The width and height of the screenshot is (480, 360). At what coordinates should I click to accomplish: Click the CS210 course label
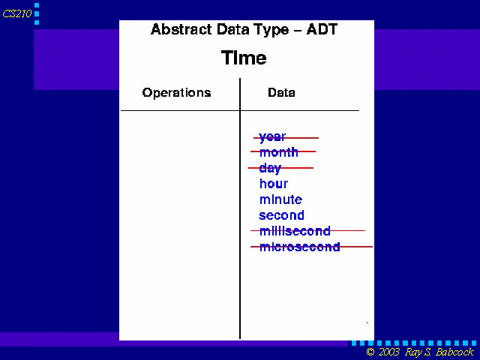[x=17, y=13]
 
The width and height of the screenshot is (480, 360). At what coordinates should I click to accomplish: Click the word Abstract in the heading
[x=181, y=29]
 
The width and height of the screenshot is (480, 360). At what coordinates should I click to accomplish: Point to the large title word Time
[x=244, y=58]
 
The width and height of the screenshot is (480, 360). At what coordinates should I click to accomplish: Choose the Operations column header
[x=177, y=93]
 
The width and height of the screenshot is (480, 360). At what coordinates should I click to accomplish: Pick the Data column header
[x=281, y=92]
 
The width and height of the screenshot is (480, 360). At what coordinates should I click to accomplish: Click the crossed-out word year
[x=272, y=137]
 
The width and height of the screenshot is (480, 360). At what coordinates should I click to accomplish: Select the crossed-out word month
[x=278, y=151]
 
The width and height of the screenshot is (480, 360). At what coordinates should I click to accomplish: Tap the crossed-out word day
[x=270, y=168]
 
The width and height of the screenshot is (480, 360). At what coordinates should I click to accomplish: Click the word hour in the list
[x=274, y=184]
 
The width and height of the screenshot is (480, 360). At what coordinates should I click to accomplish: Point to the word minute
[x=280, y=199]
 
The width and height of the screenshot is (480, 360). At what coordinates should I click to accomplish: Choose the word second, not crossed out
[x=282, y=215]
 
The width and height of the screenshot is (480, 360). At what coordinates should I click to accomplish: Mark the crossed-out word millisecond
[x=295, y=231]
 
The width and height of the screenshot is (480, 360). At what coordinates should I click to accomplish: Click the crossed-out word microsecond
[x=300, y=247]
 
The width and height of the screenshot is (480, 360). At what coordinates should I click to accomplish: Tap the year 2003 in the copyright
[x=389, y=352]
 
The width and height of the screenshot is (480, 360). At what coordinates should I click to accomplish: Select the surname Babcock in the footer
[x=454, y=352]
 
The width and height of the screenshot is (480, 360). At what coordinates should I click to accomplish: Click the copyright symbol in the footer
[x=370, y=352]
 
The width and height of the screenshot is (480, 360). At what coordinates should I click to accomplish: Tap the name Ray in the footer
[x=413, y=352]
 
